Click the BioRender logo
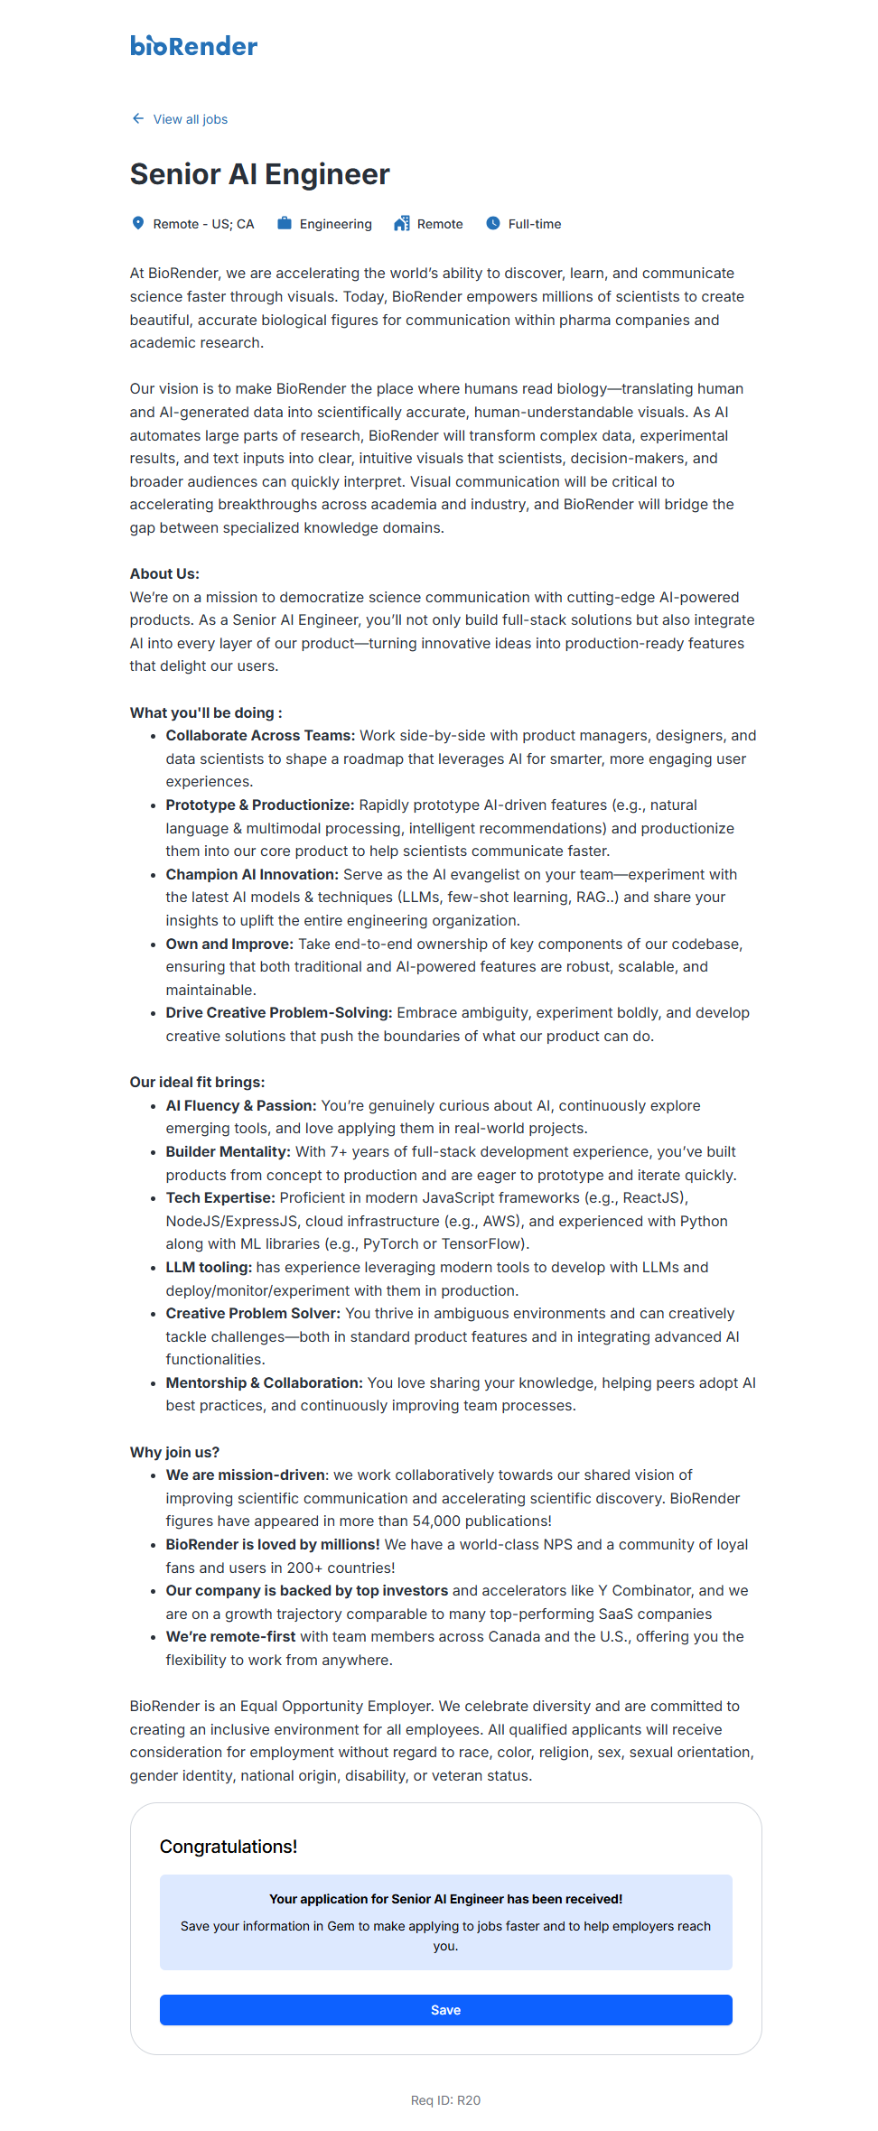(x=193, y=45)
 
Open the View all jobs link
(x=190, y=119)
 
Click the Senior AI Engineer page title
(x=260, y=174)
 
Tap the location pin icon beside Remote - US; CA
(x=138, y=223)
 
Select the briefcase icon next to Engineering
(x=285, y=223)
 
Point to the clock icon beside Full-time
(x=493, y=223)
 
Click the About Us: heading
(x=164, y=573)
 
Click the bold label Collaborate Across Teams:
(x=260, y=736)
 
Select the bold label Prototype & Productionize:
(x=259, y=805)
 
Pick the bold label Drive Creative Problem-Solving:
(x=278, y=1012)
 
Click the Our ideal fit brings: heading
(x=197, y=1082)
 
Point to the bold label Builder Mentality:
(x=228, y=1151)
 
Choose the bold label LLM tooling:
(x=209, y=1267)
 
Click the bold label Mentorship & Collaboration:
(x=264, y=1382)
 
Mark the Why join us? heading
(x=174, y=1452)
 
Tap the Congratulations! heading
(x=229, y=1847)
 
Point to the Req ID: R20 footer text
(x=445, y=2100)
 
